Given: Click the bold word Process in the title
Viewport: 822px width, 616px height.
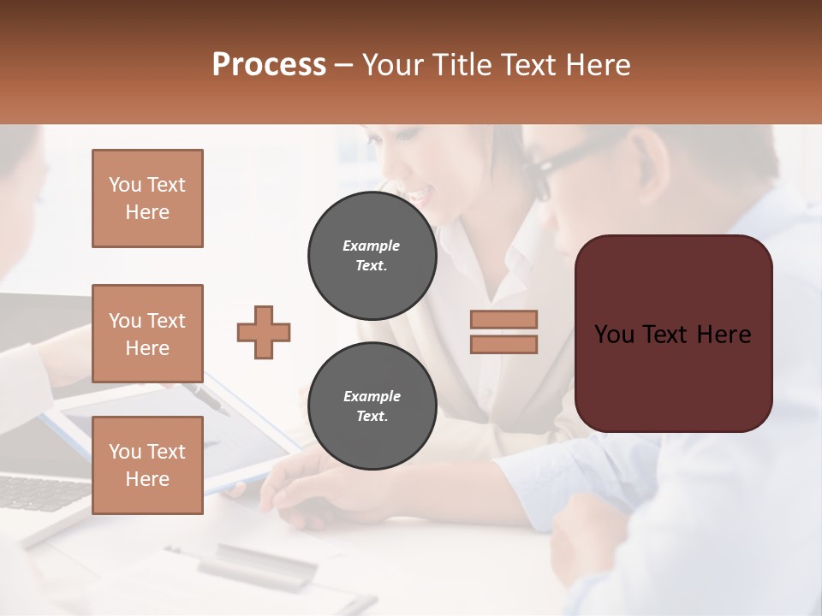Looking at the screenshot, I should (269, 65).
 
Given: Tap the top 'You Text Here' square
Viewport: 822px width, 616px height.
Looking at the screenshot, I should (147, 198).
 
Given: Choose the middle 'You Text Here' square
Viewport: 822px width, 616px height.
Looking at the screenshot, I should (147, 334).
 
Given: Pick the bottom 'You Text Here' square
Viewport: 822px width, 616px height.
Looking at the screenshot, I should (147, 465).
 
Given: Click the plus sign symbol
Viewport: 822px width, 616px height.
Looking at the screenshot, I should (264, 332).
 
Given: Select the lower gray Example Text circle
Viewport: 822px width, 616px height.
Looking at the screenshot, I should (372, 406).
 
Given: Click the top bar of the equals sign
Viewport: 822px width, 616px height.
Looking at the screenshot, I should (503, 319).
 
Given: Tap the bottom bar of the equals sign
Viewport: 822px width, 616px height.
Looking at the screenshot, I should (503, 344).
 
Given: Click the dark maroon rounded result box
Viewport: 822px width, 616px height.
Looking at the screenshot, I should (673, 334).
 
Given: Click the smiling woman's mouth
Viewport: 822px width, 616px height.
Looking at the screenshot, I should (417, 196).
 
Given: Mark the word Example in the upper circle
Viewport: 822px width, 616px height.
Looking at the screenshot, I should (372, 246).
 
